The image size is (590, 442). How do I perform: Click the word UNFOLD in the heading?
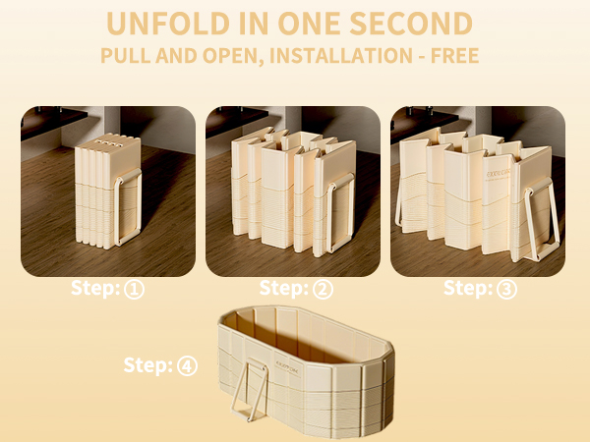click(168, 24)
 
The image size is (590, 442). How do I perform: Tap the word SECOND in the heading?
click(411, 24)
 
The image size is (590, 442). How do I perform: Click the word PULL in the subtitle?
click(125, 56)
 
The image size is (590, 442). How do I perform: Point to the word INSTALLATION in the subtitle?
click(341, 56)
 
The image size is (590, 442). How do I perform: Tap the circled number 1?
click(135, 290)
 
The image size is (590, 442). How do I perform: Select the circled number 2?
click(324, 290)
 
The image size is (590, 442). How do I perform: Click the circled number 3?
click(506, 290)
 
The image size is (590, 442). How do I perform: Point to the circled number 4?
click(187, 366)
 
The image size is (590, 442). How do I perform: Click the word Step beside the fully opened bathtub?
click(148, 365)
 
